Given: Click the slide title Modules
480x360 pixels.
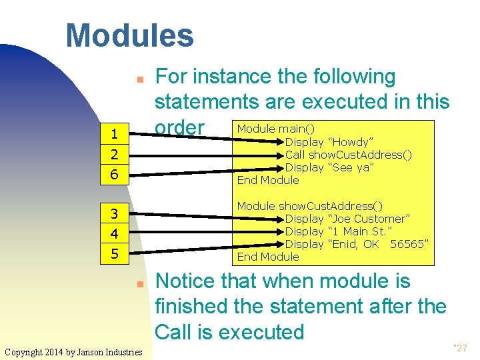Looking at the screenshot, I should pyautogui.click(x=129, y=36).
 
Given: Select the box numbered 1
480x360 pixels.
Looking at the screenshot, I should pyautogui.click(x=115, y=134).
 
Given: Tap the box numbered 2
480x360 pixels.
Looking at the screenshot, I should pyautogui.click(x=115, y=155).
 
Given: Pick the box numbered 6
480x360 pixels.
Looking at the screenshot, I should pyautogui.click(x=115, y=175).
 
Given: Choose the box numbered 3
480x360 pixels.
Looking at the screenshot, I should pyautogui.click(x=115, y=214).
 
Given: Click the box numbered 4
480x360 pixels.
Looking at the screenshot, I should pyautogui.click(x=115, y=234).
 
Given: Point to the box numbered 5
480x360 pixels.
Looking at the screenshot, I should pyautogui.click(x=115, y=254).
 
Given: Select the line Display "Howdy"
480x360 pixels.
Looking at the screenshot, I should pyautogui.click(x=329, y=142).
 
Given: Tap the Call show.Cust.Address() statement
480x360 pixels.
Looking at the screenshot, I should pyautogui.click(x=348, y=155).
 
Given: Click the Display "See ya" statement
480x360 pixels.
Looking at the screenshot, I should pyautogui.click(x=329, y=167).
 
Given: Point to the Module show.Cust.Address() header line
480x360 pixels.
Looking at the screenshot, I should pyautogui.click(x=310, y=206).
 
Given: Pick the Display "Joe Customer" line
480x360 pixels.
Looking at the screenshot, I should pyautogui.click(x=347, y=219).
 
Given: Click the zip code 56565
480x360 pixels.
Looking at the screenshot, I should pyautogui.click(x=408, y=244).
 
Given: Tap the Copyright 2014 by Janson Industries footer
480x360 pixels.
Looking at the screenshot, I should pyautogui.click(x=73, y=351).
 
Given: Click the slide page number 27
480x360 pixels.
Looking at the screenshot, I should pyautogui.click(x=461, y=347).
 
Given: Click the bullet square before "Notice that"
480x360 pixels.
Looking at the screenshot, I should pyautogui.click(x=141, y=283).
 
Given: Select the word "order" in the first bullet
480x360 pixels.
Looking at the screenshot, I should pyautogui.click(x=179, y=127).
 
